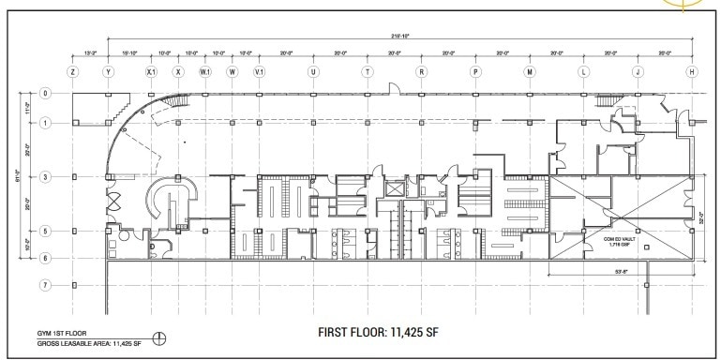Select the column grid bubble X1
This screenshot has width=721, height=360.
(150, 71)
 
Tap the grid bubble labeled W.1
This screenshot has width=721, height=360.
(205, 71)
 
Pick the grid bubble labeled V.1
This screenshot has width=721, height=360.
(260, 71)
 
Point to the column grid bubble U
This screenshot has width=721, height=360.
(313, 71)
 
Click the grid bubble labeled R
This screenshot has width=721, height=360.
(422, 71)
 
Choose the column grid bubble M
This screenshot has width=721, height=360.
(530, 71)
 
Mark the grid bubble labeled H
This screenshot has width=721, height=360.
(692, 71)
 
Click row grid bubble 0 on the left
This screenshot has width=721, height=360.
(43, 93)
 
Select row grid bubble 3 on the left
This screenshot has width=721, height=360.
(43, 176)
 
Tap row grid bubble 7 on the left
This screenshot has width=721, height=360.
(43, 284)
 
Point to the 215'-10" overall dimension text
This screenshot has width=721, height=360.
(399, 36)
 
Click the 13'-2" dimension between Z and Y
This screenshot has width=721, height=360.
(90, 52)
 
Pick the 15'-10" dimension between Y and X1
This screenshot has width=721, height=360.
(129, 52)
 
